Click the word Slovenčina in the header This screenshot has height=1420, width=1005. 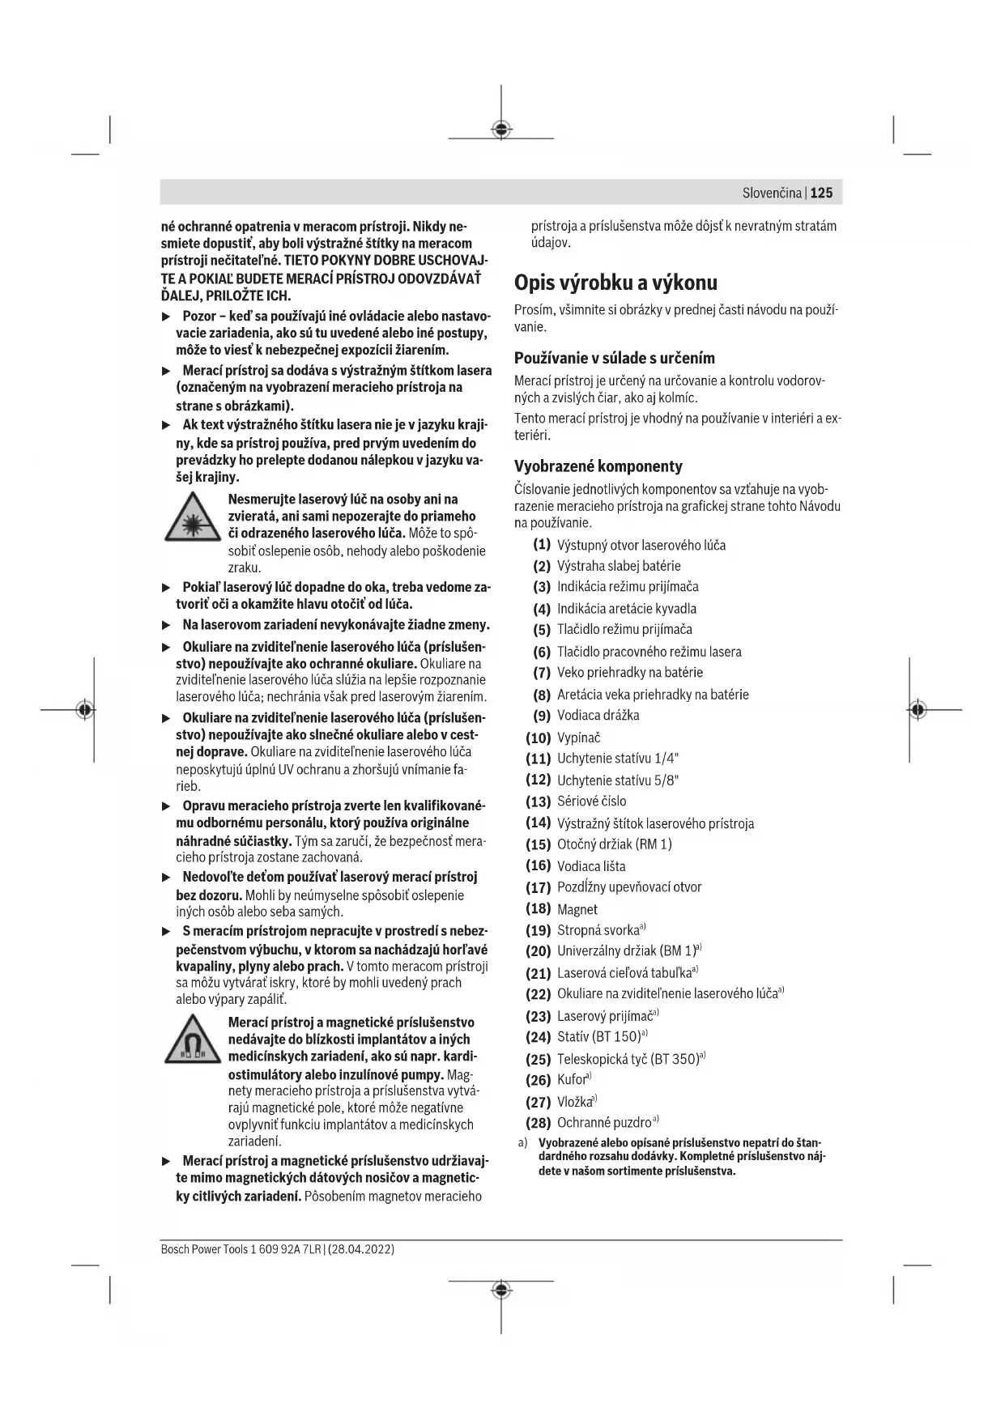pyautogui.click(x=772, y=193)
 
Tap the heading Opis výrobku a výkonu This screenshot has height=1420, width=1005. pyautogui.click(x=615, y=283)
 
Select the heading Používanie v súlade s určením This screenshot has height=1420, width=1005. pyautogui.click(x=614, y=358)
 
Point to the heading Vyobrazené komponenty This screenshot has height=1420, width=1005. pyautogui.click(x=598, y=466)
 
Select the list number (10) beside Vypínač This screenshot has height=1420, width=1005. pyautogui.click(x=539, y=738)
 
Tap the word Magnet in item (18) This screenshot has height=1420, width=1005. pyautogui.click(x=577, y=909)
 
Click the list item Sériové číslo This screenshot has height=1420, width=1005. pyautogui.click(x=591, y=801)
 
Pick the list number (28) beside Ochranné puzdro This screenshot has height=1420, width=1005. pyautogui.click(x=539, y=1123)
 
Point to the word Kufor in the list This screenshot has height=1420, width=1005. pyautogui.click(x=572, y=1080)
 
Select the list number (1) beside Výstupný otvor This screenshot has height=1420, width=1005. pyautogui.click(x=542, y=545)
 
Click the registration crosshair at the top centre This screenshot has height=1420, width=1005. pyautogui.click(x=501, y=130)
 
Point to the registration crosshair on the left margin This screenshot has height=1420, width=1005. pyautogui.click(x=84, y=710)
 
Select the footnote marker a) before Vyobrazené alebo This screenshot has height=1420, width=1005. pyautogui.click(x=523, y=1143)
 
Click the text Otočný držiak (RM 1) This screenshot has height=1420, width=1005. pyautogui.click(x=614, y=844)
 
